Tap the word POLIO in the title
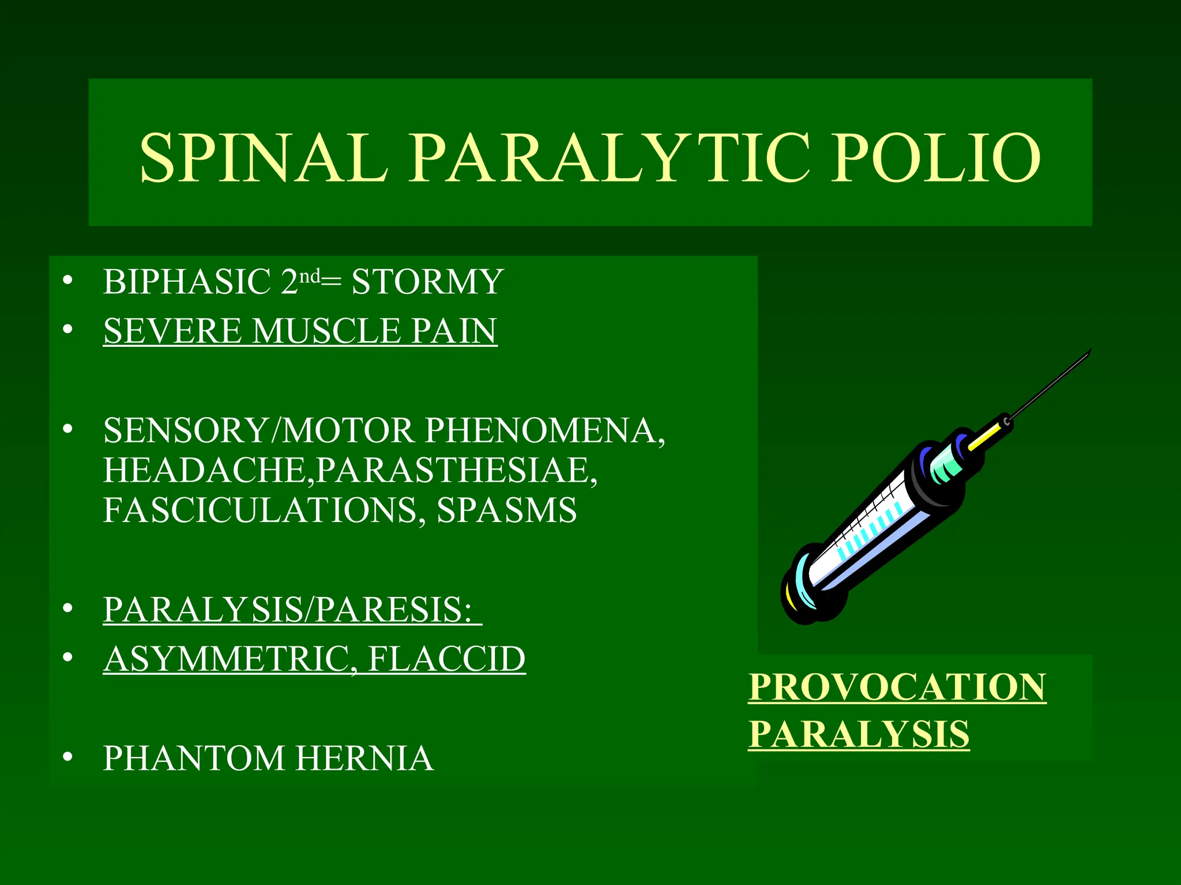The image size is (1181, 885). pyautogui.click(x=935, y=158)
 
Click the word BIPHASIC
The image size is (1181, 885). pyautogui.click(x=187, y=282)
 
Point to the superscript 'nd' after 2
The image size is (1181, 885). pyautogui.click(x=310, y=277)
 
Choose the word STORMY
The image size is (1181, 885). pyautogui.click(x=427, y=282)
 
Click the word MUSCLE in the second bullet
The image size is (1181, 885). pyautogui.click(x=326, y=331)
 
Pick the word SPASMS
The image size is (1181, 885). pyautogui.click(x=506, y=510)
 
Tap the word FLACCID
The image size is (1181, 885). pyautogui.click(x=446, y=659)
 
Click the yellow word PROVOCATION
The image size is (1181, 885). pyautogui.click(x=897, y=687)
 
